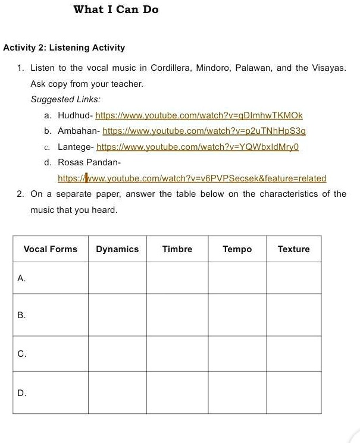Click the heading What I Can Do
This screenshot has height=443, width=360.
click(116, 10)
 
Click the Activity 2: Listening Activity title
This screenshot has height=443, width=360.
click(64, 48)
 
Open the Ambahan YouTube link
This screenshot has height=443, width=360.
click(204, 130)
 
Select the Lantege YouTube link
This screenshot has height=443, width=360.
click(197, 146)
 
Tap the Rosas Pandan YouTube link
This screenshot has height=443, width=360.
click(192, 178)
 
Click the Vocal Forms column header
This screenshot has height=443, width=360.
click(51, 249)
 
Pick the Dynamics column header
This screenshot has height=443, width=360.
click(117, 249)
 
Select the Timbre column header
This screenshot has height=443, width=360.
click(177, 249)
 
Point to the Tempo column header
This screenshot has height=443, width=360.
click(237, 249)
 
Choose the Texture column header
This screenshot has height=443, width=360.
click(293, 249)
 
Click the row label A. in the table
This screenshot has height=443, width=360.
click(21, 278)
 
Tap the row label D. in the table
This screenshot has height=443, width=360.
click(22, 392)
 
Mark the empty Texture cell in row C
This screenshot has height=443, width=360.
click(293, 354)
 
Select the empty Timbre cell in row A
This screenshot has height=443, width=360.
click(177, 278)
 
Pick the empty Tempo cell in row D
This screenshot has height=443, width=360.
click(237, 392)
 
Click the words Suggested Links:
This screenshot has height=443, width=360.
click(65, 99)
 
